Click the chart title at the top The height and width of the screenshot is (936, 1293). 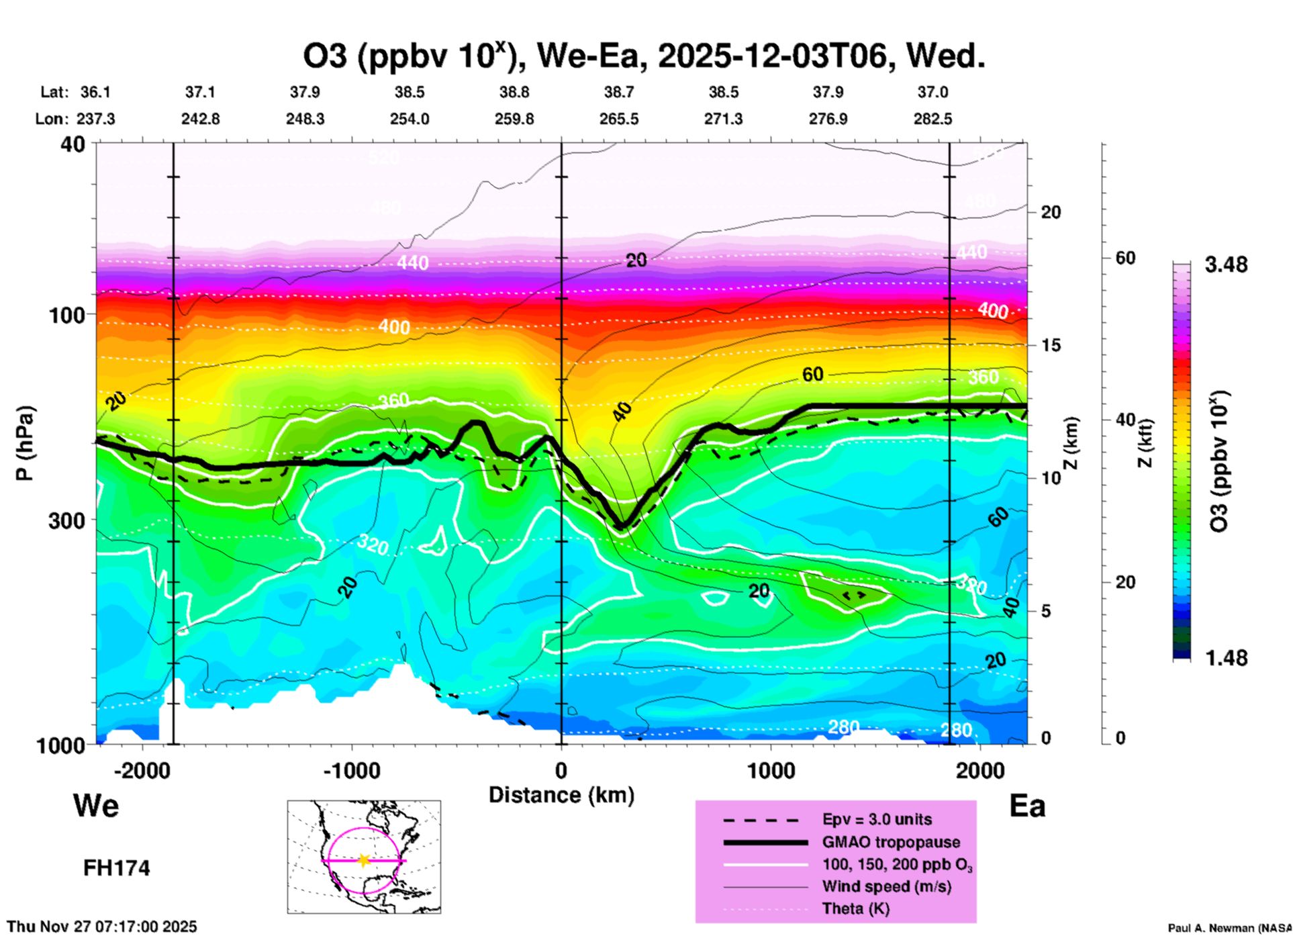pos(644,56)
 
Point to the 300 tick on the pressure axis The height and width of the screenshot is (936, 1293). pos(66,520)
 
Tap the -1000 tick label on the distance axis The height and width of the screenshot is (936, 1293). pos(352,770)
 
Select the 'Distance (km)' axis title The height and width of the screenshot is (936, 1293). pos(561,795)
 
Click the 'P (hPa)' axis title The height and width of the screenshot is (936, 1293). pos(25,442)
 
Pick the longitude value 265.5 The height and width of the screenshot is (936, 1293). pos(619,119)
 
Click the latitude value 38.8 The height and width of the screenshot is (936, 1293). pos(514,92)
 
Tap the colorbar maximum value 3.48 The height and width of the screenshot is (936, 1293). pos(1226,265)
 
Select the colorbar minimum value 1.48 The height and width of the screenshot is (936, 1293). pos(1226,657)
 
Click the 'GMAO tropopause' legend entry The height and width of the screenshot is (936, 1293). pos(891,842)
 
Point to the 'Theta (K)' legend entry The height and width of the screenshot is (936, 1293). pos(855,908)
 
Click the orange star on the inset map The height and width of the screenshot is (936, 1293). pos(364,860)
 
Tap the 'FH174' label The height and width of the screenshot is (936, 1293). pos(116,868)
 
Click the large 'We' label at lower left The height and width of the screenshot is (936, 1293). pos(96,805)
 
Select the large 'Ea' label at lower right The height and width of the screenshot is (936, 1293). pos(1027,806)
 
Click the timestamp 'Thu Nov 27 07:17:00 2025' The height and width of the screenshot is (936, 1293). pos(102,927)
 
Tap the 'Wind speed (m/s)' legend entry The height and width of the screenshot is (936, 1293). pos(886,886)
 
